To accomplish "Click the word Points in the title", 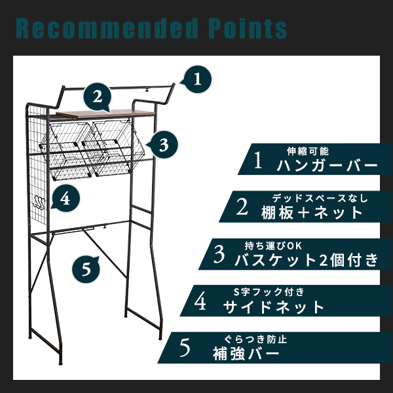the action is click(248, 28).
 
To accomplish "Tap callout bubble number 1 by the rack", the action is click(197, 79).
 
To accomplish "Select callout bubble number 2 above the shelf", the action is click(98, 97).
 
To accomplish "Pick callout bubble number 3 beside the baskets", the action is click(163, 145).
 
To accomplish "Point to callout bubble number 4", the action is click(65, 198).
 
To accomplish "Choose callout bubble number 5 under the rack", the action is click(86, 270).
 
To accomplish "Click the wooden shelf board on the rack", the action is click(105, 113).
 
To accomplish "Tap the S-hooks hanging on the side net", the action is click(39, 202).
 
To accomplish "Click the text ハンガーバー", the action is click(327, 166).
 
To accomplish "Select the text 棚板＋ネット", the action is click(312, 213).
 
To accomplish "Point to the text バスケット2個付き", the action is click(307, 260).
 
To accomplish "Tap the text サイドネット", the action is click(274, 307).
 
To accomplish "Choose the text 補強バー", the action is click(246, 354).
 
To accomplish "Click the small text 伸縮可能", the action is click(308, 151).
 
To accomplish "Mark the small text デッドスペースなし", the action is click(320, 198).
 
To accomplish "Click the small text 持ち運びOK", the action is click(273, 246).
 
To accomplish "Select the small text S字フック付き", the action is click(269, 291).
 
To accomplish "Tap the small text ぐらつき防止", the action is click(255, 339).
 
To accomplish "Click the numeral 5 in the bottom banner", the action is click(185, 348).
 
